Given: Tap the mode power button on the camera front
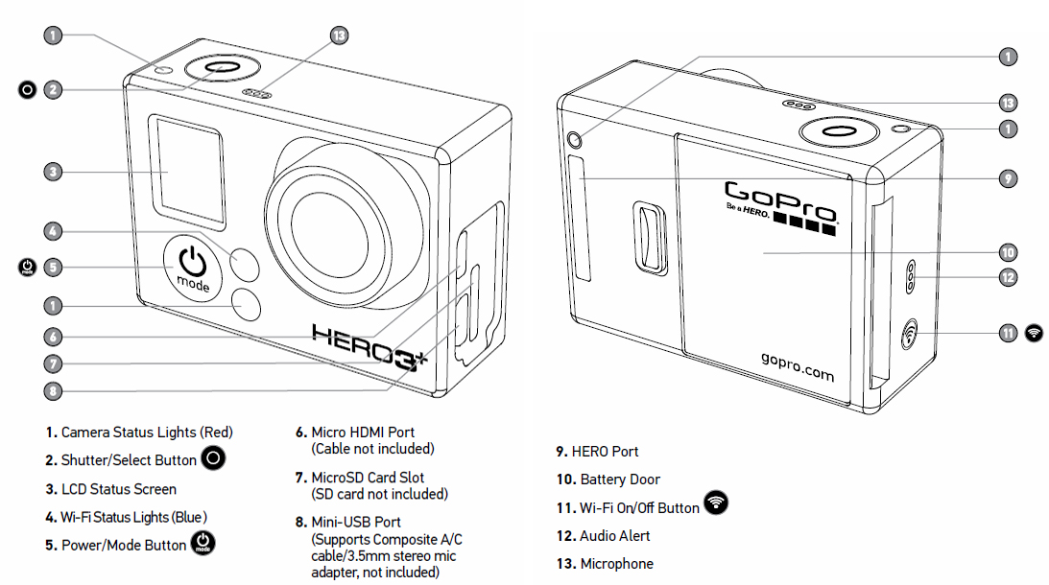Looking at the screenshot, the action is pos(193,268).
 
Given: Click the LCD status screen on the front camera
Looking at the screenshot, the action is pos(186,172).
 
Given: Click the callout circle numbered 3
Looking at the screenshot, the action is pos(53,172).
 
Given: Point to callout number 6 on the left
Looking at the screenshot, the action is pos(53,337).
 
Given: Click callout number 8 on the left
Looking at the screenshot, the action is pos(53,391).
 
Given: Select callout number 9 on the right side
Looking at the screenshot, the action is pos(1008,178).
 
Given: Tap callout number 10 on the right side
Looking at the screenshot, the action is pos(1008,252).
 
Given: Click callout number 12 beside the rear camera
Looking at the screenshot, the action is pos(1008,277).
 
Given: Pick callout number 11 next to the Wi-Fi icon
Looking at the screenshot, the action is pos(1008,333).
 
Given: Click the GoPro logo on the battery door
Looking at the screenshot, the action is pos(780,207).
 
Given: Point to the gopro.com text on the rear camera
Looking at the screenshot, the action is pos(798,366).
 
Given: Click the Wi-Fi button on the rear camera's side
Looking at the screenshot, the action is pos(909,334).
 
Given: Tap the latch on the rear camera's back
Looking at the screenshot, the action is pos(650,238).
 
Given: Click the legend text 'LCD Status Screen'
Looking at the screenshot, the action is pos(119,489).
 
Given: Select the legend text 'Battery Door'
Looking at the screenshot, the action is pos(620,480).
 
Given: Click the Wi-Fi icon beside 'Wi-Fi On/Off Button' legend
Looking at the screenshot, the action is pos(716,503).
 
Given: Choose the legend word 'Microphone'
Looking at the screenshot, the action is pos(617,564).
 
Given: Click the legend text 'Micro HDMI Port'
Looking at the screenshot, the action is pos(363,433).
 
